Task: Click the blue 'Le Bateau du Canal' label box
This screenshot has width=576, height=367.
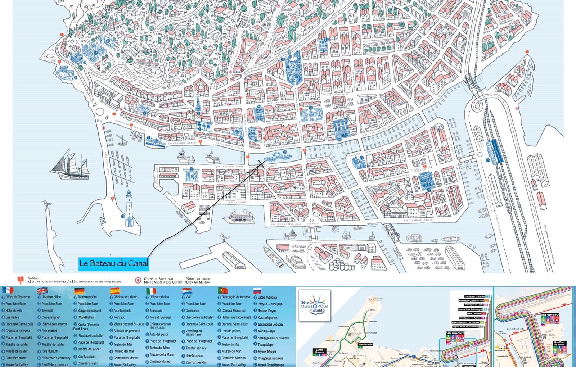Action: click(x=113, y=263)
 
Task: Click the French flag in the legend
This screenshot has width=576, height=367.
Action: click(x=8, y=290)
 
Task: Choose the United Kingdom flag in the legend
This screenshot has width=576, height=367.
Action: click(x=42, y=290)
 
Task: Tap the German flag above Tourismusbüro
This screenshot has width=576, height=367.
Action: click(x=79, y=291)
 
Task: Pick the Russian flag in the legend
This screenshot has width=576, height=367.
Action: click(x=257, y=290)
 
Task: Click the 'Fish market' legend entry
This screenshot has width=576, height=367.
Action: click(x=49, y=331)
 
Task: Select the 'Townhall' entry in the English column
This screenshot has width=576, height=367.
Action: click(x=47, y=311)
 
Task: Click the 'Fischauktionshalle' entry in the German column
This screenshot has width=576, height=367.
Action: click(x=90, y=335)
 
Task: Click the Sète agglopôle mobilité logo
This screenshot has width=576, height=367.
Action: click(x=313, y=305)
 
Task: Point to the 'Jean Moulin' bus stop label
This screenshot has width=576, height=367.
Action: click(x=365, y=344)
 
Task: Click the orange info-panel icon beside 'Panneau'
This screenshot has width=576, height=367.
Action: click(x=21, y=280)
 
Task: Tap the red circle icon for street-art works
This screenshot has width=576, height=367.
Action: click(x=138, y=280)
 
